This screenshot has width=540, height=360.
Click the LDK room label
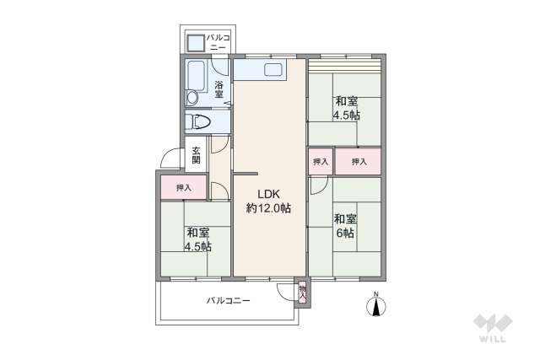(269, 194)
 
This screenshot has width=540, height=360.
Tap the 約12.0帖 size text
(268, 208)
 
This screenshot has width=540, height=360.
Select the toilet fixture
(199, 122)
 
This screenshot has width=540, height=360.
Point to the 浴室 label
(219, 89)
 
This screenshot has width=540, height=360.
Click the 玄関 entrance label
(196, 155)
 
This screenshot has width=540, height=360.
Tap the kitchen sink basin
(273, 70)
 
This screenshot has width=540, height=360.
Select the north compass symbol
(376, 304)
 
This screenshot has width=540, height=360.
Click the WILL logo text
(493, 338)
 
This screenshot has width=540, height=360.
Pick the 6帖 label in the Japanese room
(345, 234)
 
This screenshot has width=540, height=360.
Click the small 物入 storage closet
(302, 293)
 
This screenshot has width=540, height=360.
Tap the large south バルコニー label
(229, 300)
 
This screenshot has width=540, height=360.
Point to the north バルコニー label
(218, 43)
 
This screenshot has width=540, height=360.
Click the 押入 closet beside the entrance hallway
(184, 187)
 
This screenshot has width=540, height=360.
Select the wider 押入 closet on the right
(358, 161)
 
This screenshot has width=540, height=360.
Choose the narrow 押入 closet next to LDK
(321, 161)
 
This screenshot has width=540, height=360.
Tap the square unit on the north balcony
(195, 43)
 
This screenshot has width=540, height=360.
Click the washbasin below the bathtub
(192, 98)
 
